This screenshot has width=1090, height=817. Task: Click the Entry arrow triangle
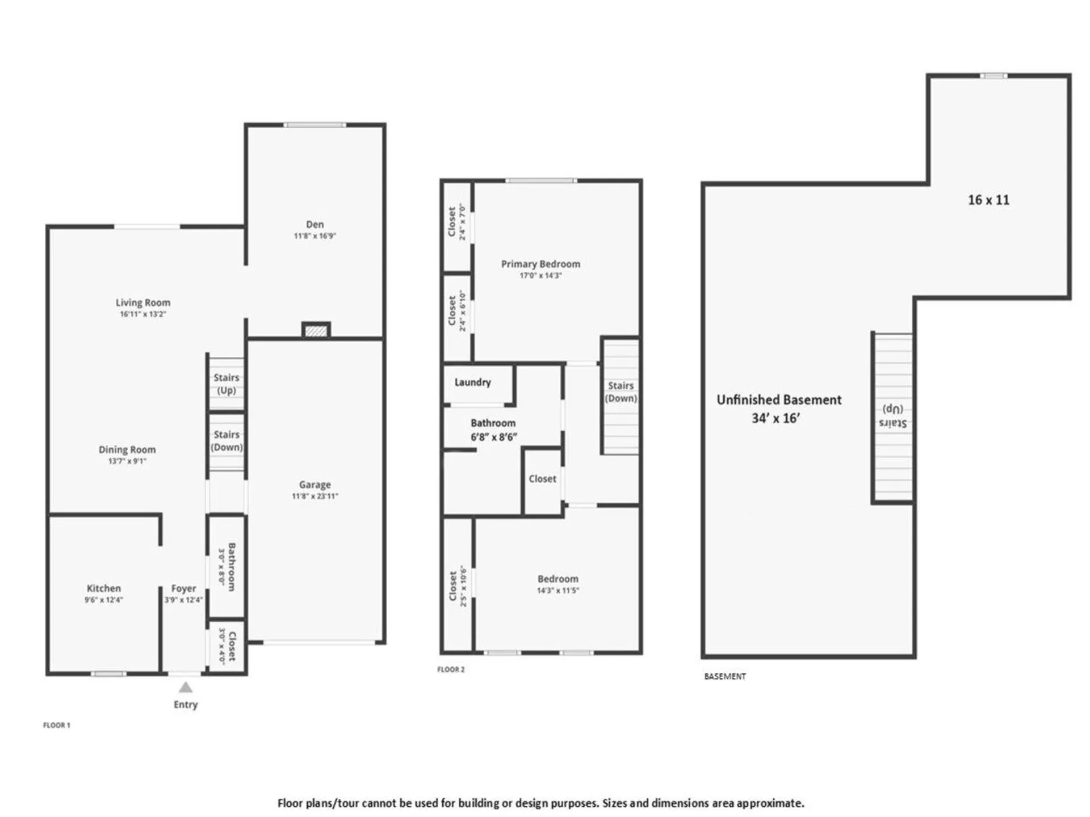[186, 688]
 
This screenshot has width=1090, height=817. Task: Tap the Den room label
[315, 225]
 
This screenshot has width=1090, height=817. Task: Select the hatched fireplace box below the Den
[316, 330]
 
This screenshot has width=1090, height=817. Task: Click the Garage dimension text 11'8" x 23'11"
[315, 496]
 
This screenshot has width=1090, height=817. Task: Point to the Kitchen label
[103, 588]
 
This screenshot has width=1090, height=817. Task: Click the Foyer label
[183, 589]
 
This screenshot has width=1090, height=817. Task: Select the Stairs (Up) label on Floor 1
[226, 384]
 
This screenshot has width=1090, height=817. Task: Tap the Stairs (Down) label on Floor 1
[227, 440]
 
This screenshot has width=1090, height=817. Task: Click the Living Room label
[142, 302]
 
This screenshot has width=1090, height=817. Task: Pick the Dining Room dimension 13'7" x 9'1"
[127, 461]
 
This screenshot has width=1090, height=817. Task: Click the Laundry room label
[472, 382]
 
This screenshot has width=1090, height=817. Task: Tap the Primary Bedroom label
[540, 264]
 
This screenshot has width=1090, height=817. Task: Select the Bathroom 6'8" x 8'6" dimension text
[493, 437]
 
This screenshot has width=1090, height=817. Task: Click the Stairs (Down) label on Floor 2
[621, 391]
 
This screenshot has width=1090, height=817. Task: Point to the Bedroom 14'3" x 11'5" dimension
[557, 591]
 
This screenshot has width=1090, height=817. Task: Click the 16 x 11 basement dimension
[988, 200]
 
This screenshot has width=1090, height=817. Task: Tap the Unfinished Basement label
[778, 399]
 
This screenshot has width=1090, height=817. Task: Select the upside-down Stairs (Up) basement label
[892, 416]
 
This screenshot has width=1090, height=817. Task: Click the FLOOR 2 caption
[451, 669]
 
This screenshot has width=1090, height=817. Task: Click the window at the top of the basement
[993, 76]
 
